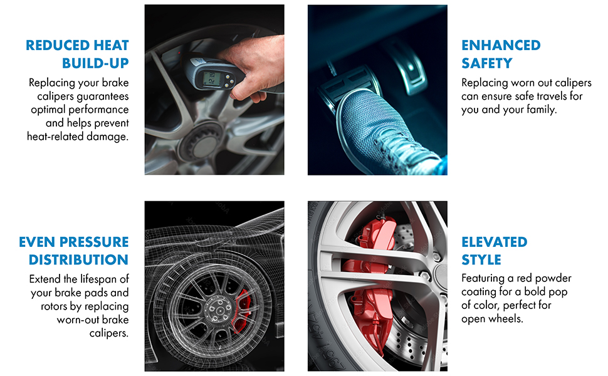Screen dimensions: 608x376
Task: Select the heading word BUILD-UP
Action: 95,63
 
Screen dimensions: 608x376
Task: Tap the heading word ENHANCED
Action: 501,45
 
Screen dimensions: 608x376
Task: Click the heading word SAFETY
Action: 487,63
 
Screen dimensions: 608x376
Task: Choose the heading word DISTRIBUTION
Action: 79,259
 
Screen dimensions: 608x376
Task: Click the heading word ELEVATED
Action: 495,242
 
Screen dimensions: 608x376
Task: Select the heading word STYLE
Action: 481,259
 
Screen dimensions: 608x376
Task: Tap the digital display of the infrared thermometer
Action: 210,79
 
